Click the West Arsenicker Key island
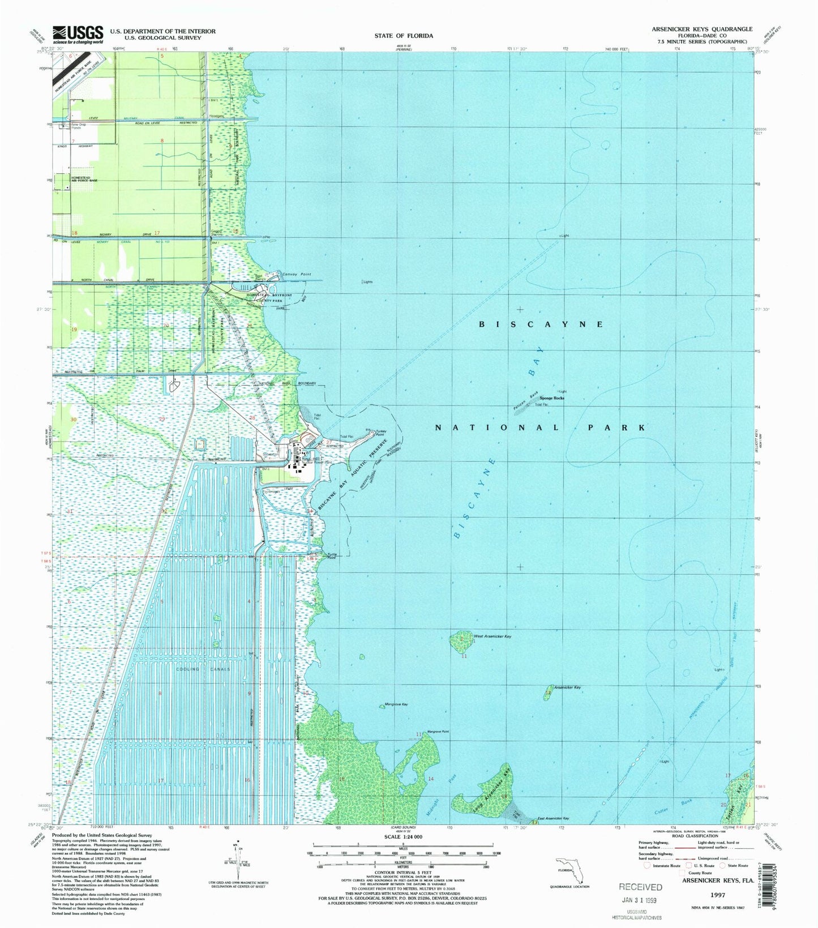pos(460,642)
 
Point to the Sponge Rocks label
pos(552,398)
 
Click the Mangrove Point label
pos(438,732)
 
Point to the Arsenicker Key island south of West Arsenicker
pos(547,692)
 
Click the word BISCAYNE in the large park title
pos(541,324)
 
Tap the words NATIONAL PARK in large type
pos(540,427)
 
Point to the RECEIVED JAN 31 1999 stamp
pos(640,894)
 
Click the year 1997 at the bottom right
pos(717,896)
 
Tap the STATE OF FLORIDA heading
pos(404,36)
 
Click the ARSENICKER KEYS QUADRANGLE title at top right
pos(701,29)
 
